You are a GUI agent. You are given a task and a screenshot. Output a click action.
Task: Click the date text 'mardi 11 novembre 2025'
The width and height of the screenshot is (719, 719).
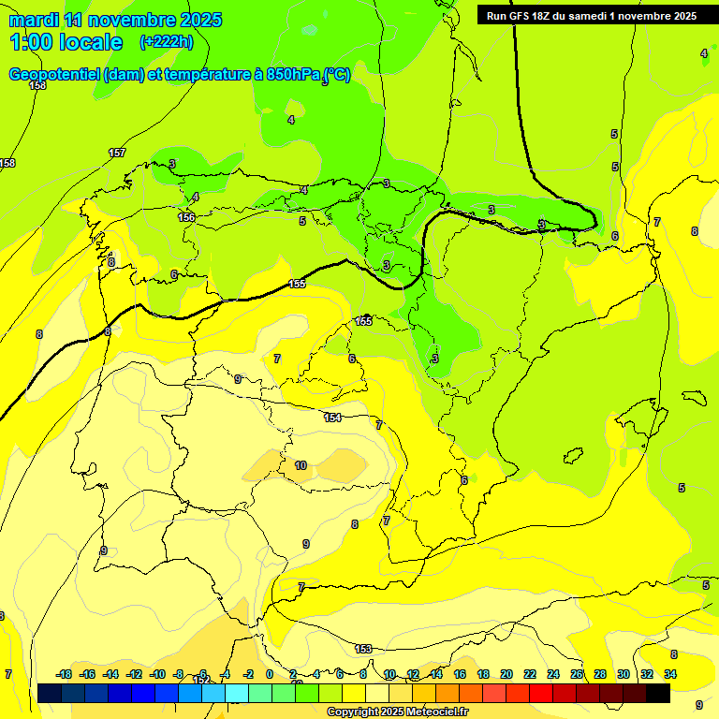click(x=116, y=20)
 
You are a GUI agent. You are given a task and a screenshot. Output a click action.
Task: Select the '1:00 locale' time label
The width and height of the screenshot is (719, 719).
click(x=66, y=42)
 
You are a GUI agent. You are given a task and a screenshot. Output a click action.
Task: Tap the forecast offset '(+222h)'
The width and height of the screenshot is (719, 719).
click(x=166, y=42)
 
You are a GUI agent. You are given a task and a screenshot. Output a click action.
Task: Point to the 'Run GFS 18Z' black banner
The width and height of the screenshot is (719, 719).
click(x=591, y=16)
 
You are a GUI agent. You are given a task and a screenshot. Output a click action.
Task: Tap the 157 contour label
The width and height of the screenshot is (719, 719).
click(x=117, y=153)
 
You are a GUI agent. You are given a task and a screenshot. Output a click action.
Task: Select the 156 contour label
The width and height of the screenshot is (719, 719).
click(x=186, y=217)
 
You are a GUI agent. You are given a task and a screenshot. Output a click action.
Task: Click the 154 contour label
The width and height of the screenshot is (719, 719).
click(x=332, y=418)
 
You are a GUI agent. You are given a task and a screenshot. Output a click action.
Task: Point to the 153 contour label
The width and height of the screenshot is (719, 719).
click(x=363, y=649)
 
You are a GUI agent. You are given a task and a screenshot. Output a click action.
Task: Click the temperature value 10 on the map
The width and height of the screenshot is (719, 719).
click(x=301, y=465)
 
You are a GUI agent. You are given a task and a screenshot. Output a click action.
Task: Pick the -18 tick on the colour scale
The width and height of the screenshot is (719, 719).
click(x=64, y=674)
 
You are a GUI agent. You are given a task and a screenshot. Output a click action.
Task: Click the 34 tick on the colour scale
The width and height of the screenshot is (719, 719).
click(x=670, y=674)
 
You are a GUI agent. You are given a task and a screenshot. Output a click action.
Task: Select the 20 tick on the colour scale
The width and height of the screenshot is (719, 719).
click(x=506, y=674)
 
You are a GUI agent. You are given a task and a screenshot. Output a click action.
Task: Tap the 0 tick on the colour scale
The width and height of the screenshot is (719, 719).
click(x=270, y=674)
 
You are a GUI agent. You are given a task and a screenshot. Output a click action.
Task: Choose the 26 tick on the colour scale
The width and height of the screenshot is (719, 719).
click(x=577, y=674)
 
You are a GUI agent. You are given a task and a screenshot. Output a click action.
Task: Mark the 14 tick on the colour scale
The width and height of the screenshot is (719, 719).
click(x=436, y=674)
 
